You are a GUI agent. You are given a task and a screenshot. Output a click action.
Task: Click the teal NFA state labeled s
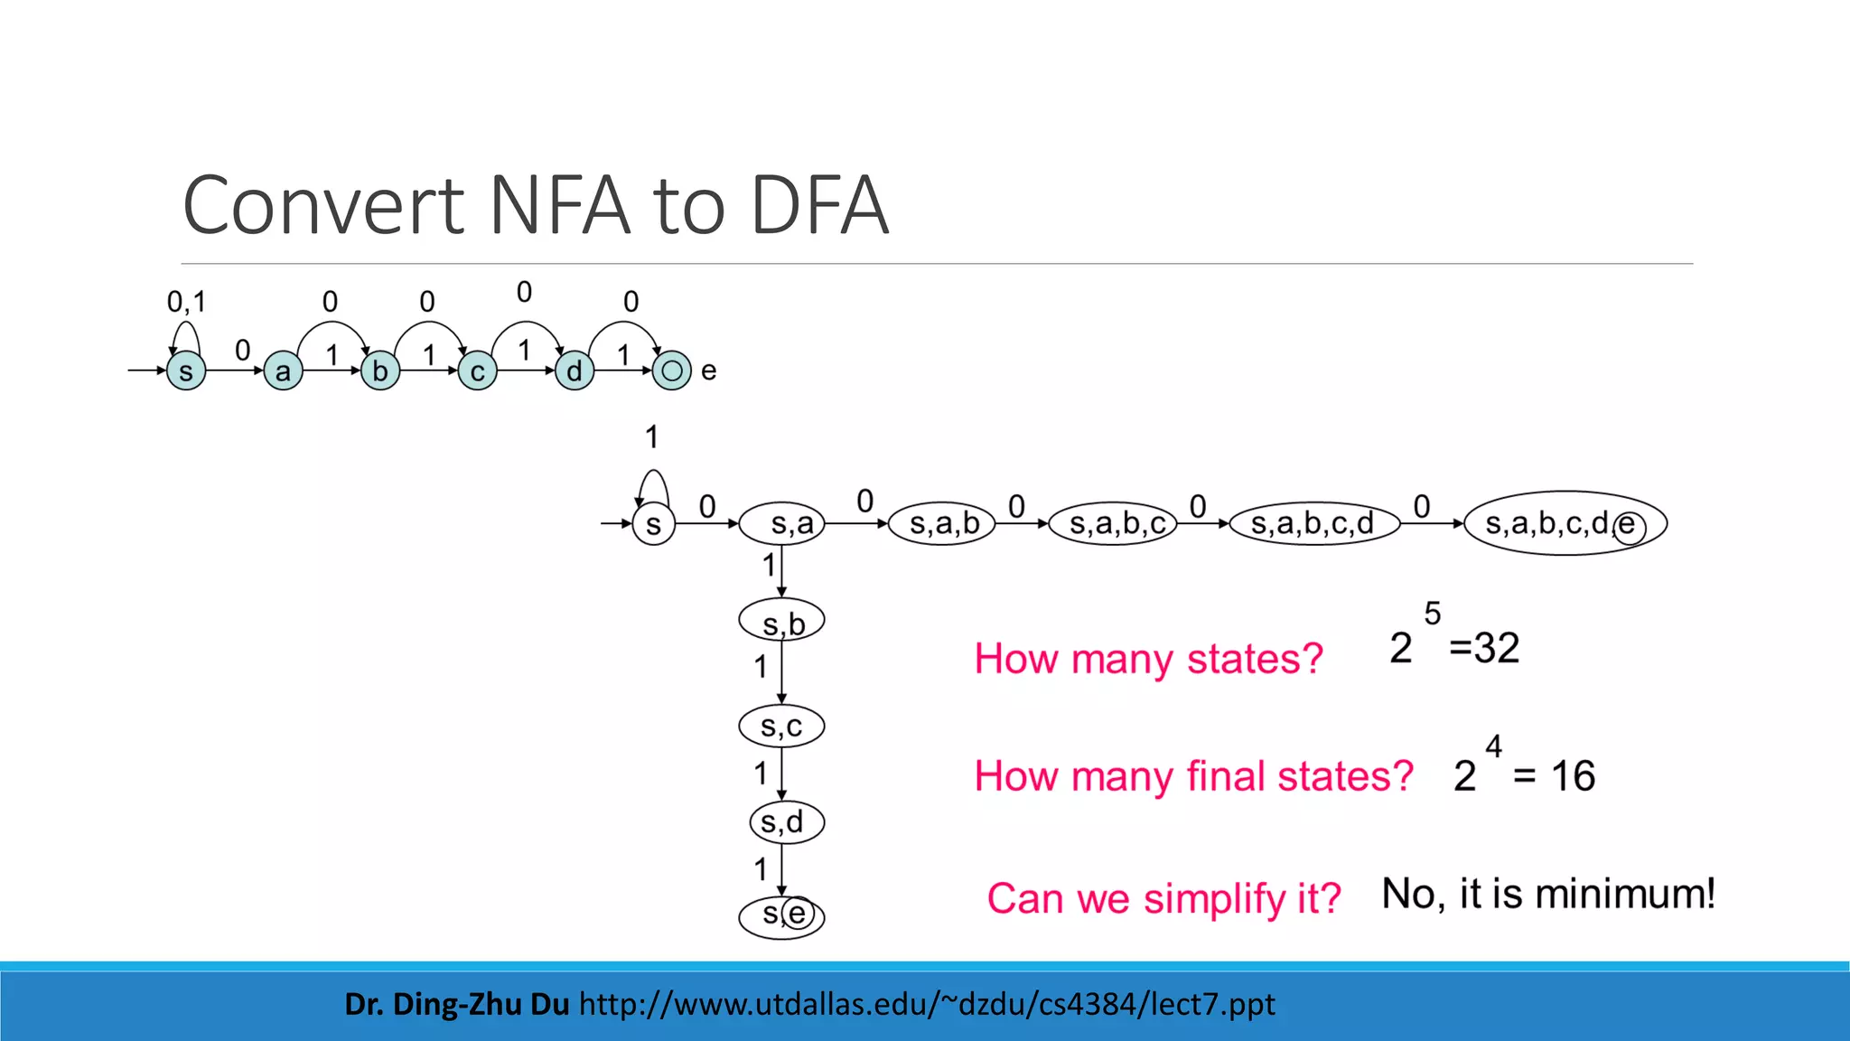coord(186,370)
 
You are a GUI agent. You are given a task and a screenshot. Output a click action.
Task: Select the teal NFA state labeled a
coord(283,370)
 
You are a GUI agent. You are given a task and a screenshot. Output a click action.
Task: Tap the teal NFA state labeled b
coord(380,370)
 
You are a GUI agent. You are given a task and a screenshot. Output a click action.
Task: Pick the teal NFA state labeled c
coord(477,370)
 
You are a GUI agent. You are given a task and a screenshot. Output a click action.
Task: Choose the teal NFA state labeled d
coord(575,370)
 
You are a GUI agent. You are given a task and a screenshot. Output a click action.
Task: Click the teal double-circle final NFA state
coord(671,370)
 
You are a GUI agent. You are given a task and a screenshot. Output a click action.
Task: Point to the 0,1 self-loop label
coord(186,301)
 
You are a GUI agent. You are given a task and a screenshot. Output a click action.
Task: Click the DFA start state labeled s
coord(653,524)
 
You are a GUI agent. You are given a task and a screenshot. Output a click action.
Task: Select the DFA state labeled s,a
coord(782,523)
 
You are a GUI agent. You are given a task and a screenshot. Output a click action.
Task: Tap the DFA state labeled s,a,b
coord(941,523)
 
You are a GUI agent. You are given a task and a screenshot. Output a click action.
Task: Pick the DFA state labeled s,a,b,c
coord(1114,523)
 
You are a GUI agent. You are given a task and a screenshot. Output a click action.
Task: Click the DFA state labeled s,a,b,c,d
coord(1314,523)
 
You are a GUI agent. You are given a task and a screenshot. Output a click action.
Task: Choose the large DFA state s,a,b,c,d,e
coord(1565,523)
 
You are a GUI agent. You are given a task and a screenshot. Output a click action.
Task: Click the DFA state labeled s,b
coord(782,622)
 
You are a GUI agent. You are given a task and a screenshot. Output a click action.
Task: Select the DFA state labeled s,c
coord(781,726)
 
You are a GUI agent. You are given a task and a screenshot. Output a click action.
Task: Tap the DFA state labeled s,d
coord(786,822)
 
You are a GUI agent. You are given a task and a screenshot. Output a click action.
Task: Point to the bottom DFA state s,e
coord(781,916)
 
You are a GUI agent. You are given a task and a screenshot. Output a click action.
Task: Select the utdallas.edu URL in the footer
coord(927,1004)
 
